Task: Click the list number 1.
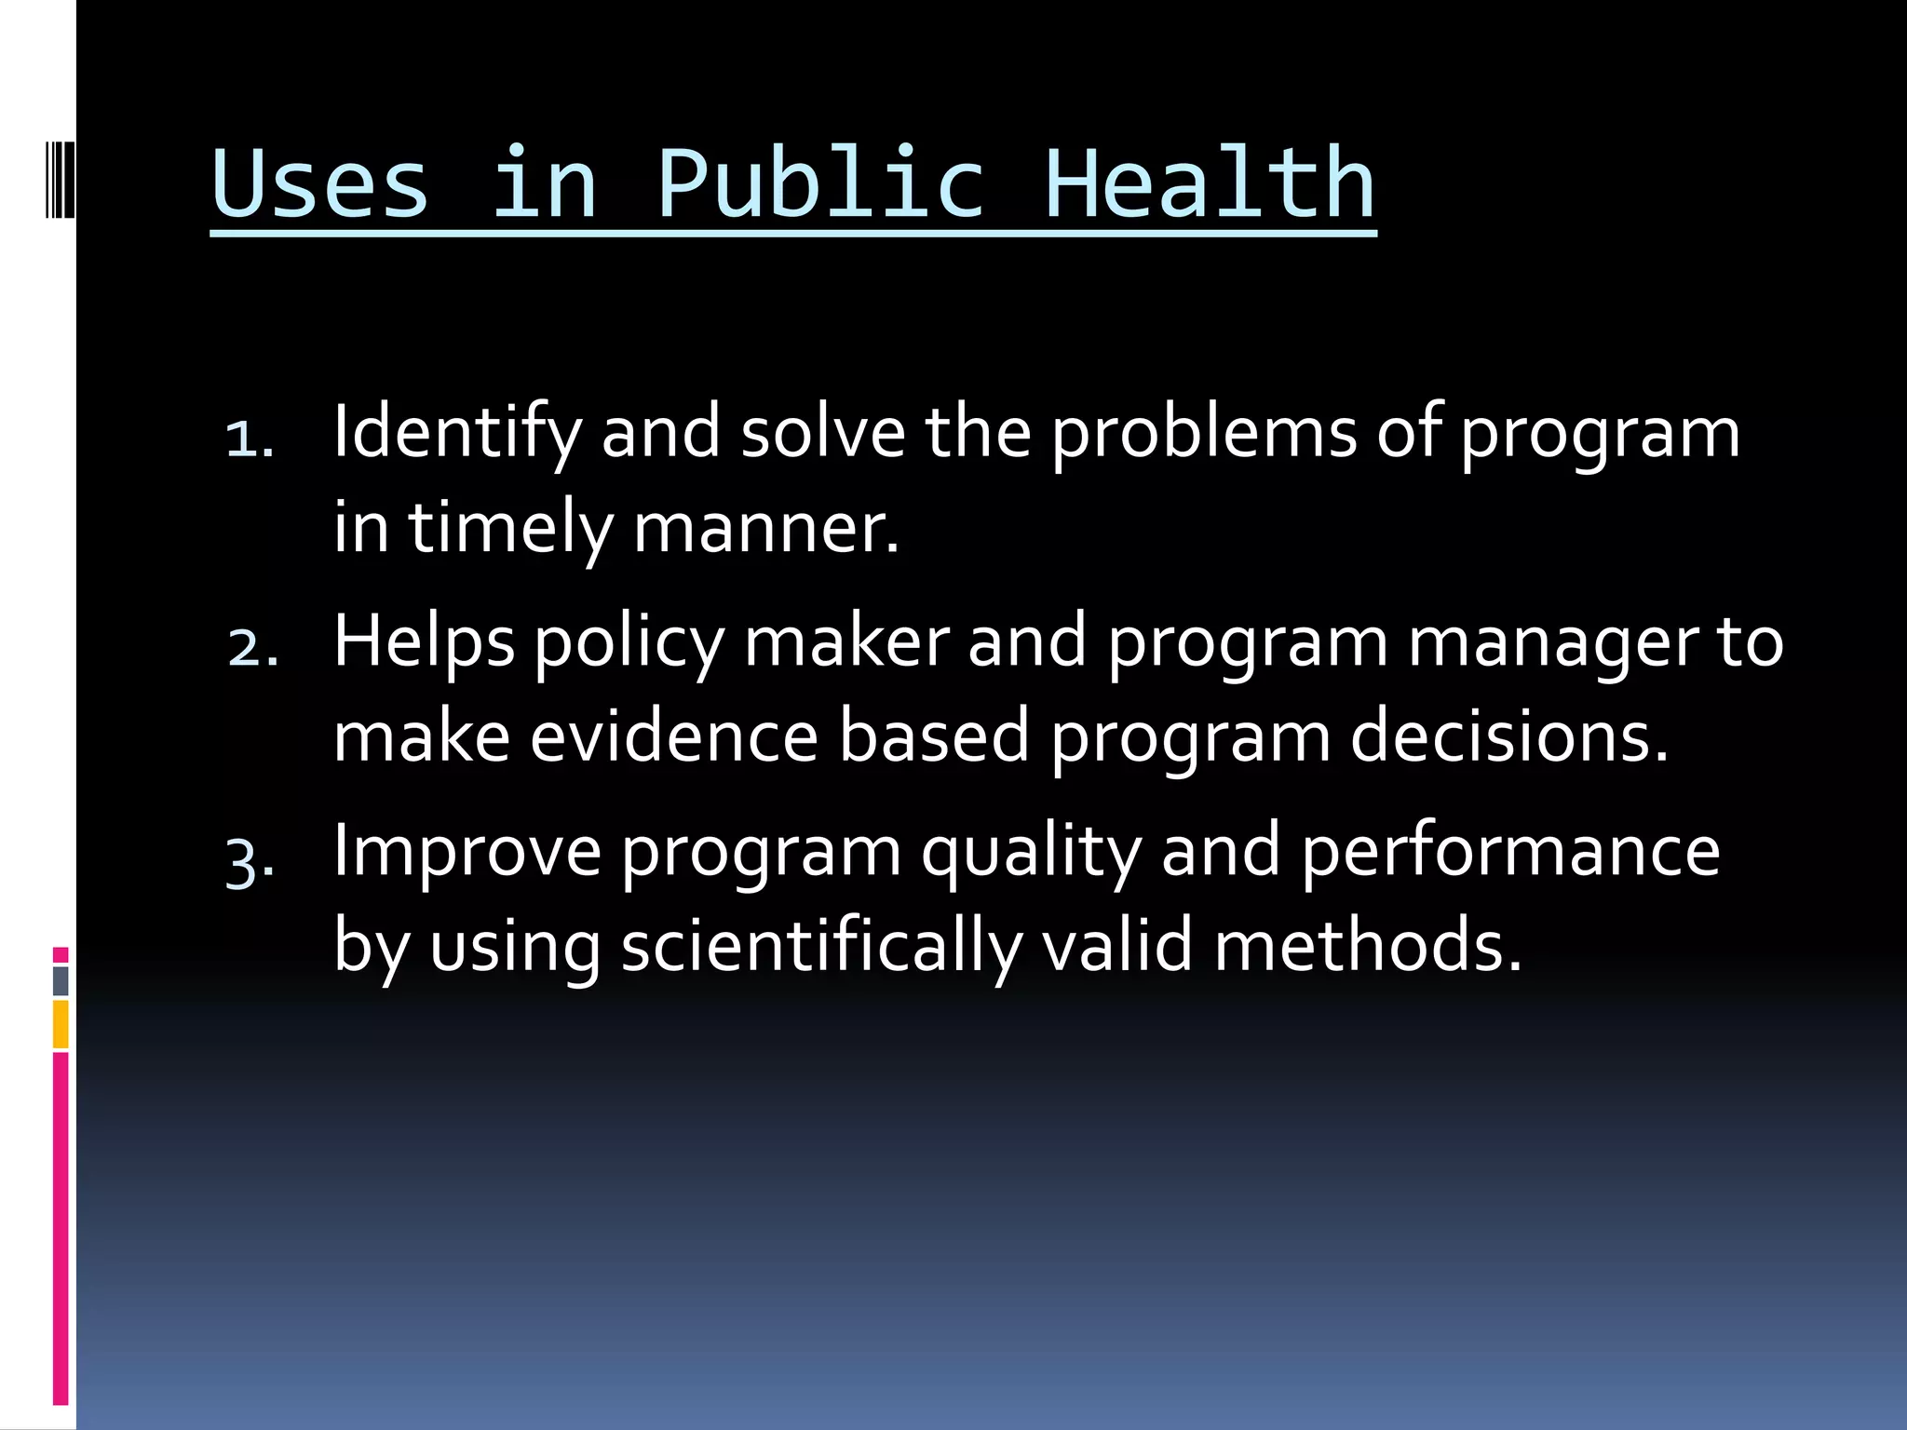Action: point(248,438)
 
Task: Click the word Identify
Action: point(456,433)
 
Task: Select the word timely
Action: point(510,528)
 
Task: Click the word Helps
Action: point(424,642)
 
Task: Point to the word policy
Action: point(629,642)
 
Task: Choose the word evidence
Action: point(674,736)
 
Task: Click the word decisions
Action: point(1508,736)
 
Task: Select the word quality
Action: point(1031,852)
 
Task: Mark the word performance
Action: point(1509,852)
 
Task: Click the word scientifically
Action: point(821,947)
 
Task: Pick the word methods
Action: point(1368,947)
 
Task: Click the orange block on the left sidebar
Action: point(61,1024)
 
